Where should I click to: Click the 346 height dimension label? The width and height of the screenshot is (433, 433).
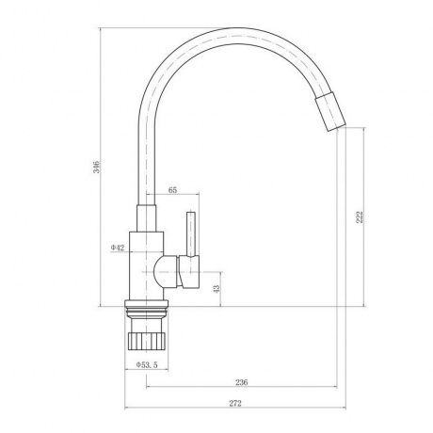pos(97,167)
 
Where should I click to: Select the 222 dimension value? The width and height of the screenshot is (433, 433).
pos(360,216)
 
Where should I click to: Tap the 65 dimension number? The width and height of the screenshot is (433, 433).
pos(173,190)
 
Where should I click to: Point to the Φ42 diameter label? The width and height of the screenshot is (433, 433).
pos(118,248)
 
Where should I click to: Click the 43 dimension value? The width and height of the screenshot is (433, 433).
pos(216,289)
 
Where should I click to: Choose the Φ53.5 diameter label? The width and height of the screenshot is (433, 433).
pos(147,364)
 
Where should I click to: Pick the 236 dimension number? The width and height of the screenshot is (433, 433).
pos(242,382)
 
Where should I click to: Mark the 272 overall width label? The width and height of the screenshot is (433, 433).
pos(235,403)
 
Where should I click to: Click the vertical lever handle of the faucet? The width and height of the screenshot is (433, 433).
pos(191,233)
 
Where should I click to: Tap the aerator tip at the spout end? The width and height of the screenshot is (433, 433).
pos(330,112)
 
